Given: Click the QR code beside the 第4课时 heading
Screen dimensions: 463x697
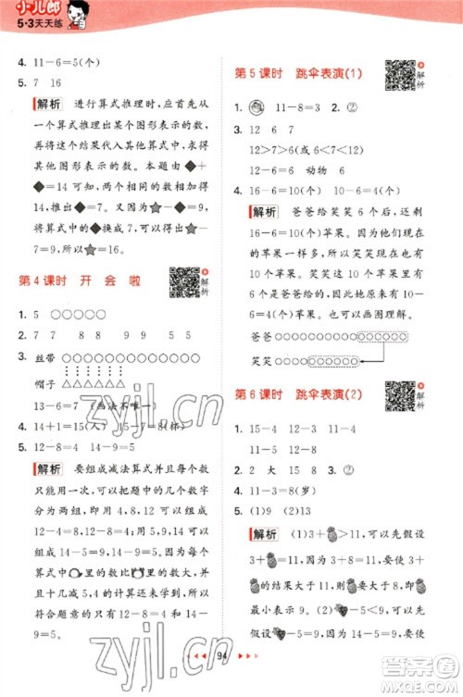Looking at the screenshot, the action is [183, 281].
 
